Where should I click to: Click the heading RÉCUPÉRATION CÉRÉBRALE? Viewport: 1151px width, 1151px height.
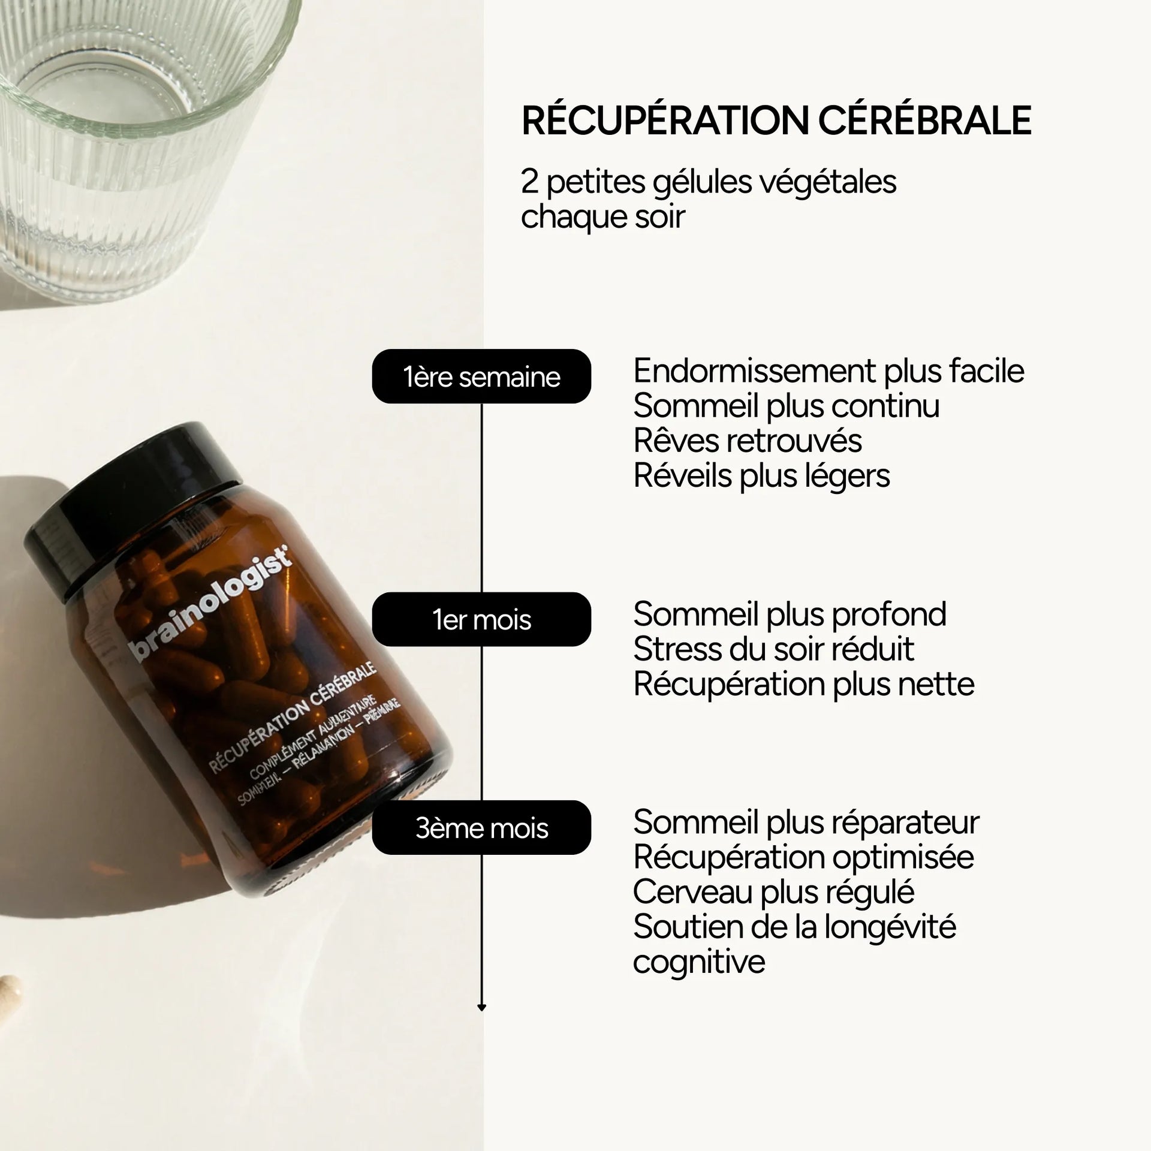pyautogui.click(x=776, y=120)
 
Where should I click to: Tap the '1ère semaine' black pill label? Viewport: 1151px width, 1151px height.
pyautogui.click(x=481, y=377)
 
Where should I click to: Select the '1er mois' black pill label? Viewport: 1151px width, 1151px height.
pyautogui.click(x=481, y=620)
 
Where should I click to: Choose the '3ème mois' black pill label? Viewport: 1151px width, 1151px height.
pyautogui.click(x=481, y=828)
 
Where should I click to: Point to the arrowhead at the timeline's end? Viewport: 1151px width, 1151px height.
pyautogui.click(x=481, y=1008)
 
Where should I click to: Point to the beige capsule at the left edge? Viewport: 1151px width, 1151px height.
pyautogui.click(x=8, y=992)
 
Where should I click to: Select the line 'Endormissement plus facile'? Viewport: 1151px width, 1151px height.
pyautogui.click(x=828, y=371)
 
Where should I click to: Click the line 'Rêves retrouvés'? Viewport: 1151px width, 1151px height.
pyautogui.click(x=748, y=441)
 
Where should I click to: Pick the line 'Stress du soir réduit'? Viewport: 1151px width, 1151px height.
pyautogui.click(x=773, y=649)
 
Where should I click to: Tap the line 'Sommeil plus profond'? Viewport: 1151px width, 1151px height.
pyautogui.click(x=790, y=614)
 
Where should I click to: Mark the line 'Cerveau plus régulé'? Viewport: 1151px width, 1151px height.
pyautogui.click(x=773, y=891)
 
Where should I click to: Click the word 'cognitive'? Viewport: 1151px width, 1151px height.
pyautogui.click(x=699, y=962)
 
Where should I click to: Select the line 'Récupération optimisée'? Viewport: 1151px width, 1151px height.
pyautogui.click(x=803, y=857)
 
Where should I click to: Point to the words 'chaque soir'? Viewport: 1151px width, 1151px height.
pyautogui.click(x=602, y=216)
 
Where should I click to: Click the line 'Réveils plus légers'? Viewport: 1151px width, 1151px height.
pyautogui.click(x=761, y=476)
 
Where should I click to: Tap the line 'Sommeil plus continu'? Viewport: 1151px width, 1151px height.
pyautogui.click(x=786, y=406)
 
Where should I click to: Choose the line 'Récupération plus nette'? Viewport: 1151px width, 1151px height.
pyautogui.click(x=803, y=684)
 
